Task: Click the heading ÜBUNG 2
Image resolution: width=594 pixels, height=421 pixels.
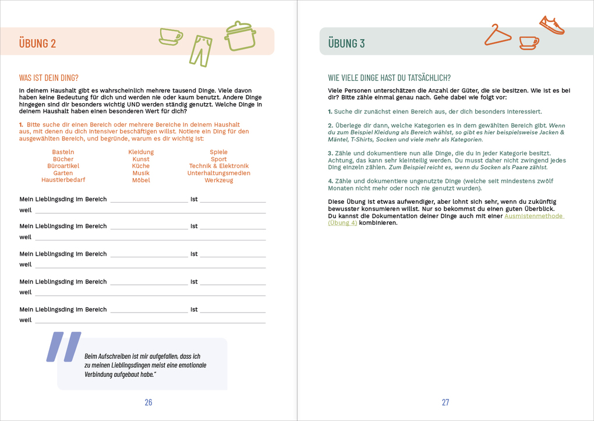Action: pyautogui.click(x=37, y=43)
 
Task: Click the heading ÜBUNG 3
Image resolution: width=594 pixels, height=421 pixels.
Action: pyautogui.click(x=346, y=43)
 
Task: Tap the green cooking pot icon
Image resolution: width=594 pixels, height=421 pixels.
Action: pyautogui.click(x=240, y=36)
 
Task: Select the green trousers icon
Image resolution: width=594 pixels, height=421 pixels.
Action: pyautogui.click(x=200, y=50)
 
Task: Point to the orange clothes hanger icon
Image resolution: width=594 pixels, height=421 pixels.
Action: pyautogui.click(x=497, y=36)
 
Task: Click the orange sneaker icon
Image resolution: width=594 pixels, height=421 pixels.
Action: pyautogui.click(x=551, y=25)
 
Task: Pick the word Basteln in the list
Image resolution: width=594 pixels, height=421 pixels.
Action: pyautogui.click(x=63, y=152)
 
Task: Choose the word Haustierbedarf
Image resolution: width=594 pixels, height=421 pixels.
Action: pyautogui.click(x=63, y=180)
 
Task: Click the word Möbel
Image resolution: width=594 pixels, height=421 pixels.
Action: pyautogui.click(x=141, y=180)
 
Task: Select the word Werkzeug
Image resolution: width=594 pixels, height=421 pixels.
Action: pyautogui.click(x=218, y=180)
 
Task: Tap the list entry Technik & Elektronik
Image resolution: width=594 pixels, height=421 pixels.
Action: pyautogui.click(x=218, y=166)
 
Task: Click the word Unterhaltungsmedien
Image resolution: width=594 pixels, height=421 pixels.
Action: pyautogui.click(x=218, y=173)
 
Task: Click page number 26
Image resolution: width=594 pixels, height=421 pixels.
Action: pyautogui.click(x=148, y=402)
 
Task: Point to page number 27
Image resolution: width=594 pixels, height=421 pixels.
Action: pyautogui.click(x=446, y=402)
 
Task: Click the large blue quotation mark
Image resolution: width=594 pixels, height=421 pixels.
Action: pyautogui.click(x=63, y=347)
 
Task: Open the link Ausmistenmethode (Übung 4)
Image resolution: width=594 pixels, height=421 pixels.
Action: pyautogui.click(x=533, y=216)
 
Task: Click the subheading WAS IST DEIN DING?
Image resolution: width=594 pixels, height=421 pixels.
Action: pyautogui.click(x=49, y=77)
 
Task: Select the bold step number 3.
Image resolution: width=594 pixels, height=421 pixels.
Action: pyautogui.click(x=330, y=153)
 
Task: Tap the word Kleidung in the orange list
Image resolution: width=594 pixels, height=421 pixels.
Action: pyautogui.click(x=141, y=152)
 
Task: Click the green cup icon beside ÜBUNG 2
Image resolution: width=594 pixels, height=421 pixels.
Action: pyautogui.click(x=171, y=37)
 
